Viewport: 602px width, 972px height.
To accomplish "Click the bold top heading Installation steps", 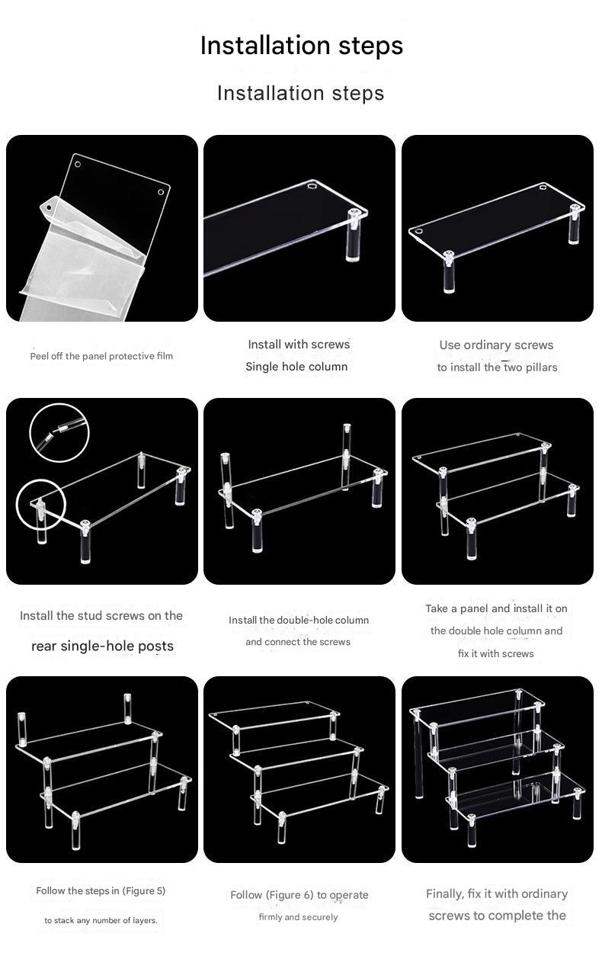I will point(301,46).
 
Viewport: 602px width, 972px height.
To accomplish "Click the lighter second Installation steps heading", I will point(300,93).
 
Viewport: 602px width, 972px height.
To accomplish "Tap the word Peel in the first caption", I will point(39,356).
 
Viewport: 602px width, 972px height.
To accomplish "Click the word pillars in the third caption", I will point(540,367).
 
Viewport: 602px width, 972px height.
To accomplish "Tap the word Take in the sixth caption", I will point(437,609).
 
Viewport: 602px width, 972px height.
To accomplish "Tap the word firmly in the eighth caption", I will point(271,917).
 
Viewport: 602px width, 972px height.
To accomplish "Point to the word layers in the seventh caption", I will point(144,920).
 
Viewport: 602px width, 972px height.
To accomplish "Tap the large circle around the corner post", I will point(41,505).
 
